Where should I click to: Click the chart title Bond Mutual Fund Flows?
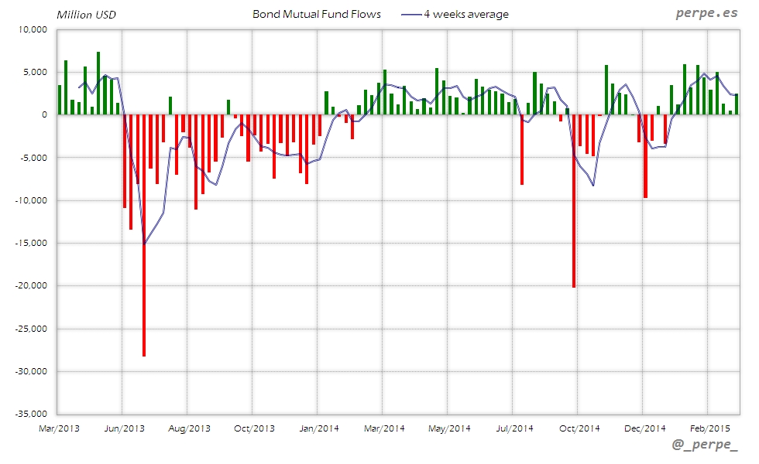pos(317,14)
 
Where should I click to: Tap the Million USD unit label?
pos(85,15)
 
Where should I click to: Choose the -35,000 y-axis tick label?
pos(30,414)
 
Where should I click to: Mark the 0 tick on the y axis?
pos(44,115)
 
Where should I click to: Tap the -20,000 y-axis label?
pos(30,286)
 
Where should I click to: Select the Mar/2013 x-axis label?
pos(60,428)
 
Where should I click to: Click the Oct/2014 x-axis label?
pos(579,428)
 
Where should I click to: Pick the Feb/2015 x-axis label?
pos(709,428)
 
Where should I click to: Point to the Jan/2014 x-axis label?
pos(319,428)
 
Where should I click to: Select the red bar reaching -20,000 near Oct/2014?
pos(574,201)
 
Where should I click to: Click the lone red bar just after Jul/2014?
pos(522,150)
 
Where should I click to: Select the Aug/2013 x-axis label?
pos(190,428)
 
